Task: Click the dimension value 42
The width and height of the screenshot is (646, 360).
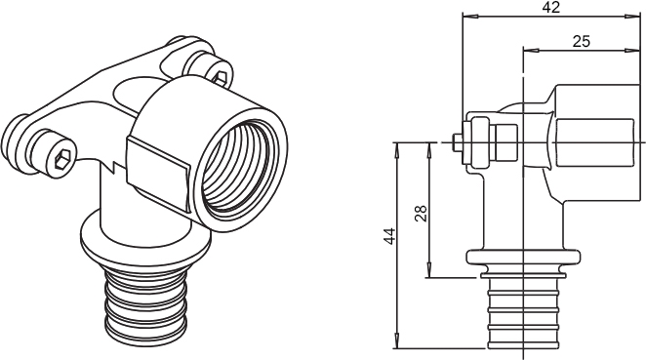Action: coord(550,7)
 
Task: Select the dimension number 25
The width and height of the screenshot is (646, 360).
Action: coord(582,41)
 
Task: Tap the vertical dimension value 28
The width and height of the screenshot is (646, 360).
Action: coord(421,214)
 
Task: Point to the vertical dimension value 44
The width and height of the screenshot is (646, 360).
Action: coord(389,235)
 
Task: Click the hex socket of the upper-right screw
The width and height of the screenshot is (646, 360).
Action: coord(221,77)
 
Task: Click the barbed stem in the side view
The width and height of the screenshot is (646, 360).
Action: coord(523,313)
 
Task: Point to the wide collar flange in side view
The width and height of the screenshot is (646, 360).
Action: coord(524,257)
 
